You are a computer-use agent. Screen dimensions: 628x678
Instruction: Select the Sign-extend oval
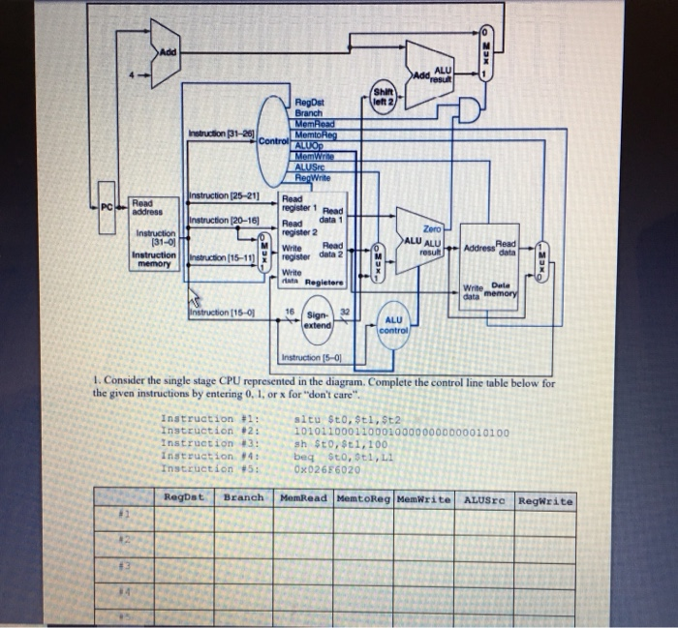[317, 320]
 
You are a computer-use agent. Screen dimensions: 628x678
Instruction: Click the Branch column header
[243, 499]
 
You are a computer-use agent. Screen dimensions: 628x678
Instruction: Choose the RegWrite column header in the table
[544, 500]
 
